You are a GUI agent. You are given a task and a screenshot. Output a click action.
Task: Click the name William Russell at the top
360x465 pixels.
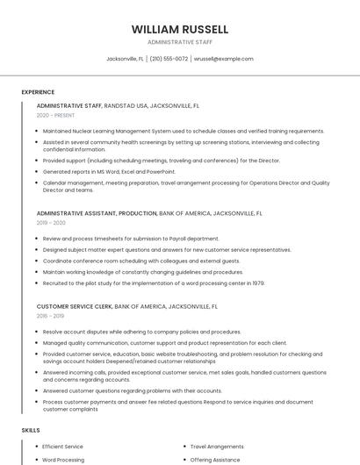click(x=180, y=29)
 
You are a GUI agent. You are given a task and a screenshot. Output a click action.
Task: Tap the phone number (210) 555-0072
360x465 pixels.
click(x=169, y=59)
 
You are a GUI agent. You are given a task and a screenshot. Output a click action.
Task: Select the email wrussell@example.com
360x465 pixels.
click(x=223, y=59)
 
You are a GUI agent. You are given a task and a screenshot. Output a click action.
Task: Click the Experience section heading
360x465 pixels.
click(x=38, y=92)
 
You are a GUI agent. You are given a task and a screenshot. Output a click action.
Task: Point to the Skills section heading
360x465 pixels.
click(x=31, y=431)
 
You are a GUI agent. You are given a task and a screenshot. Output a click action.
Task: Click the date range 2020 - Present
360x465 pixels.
click(x=54, y=115)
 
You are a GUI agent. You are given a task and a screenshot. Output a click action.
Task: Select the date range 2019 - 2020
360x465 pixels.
click(x=51, y=223)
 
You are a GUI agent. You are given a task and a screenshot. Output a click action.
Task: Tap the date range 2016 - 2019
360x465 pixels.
click(x=51, y=316)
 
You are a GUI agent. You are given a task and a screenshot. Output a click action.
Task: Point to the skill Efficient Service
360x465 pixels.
click(x=63, y=447)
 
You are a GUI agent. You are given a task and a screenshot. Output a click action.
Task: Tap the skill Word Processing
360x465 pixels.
click(x=63, y=460)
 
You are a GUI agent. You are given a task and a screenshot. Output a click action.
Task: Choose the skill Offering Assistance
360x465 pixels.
click(x=216, y=460)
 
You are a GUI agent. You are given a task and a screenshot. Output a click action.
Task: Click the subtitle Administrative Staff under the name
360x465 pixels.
click(x=180, y=42)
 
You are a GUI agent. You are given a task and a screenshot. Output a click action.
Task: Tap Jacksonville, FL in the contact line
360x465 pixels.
click(x=125, y=59)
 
